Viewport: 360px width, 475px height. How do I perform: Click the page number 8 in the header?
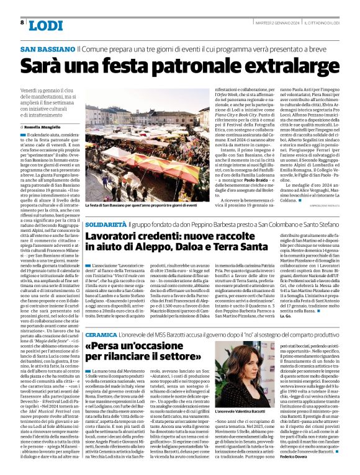click(x=22, y=22)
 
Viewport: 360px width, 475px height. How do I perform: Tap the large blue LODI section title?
click(x=46, y=25)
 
